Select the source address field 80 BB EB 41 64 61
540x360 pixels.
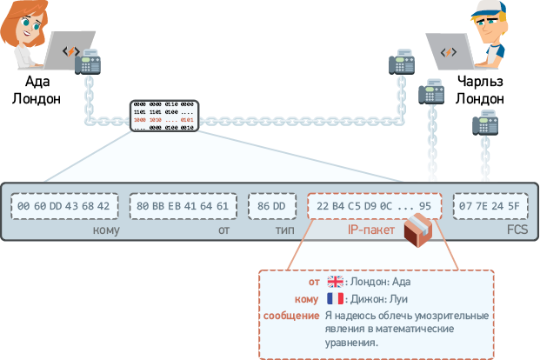pos(183,206)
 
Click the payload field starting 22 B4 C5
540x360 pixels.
pos(374,206)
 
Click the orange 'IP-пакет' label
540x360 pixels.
pos(372,230)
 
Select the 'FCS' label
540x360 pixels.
pos(517,230)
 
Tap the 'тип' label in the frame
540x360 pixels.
pos(285,230)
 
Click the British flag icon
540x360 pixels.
pos(336,282)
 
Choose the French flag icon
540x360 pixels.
pos(336,298)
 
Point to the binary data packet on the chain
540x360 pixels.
pos(164,116)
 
